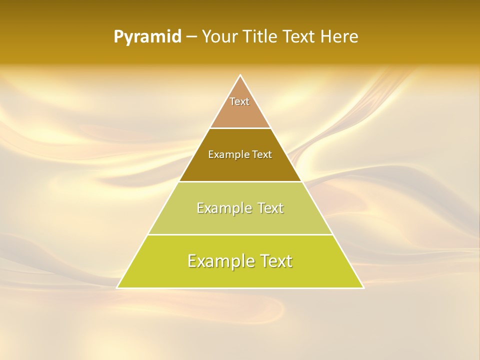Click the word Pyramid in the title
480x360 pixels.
(147, 37)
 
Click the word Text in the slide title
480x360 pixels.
(299, 37)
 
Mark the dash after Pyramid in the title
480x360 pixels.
(191, 37)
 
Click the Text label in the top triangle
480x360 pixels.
(239, 101)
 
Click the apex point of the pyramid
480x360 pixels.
(240, 75)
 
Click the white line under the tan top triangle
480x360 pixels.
(240, 128)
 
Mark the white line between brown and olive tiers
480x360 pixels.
(240, 181)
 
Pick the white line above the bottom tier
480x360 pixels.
(240, 234)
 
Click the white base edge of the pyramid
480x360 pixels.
(240, 288)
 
